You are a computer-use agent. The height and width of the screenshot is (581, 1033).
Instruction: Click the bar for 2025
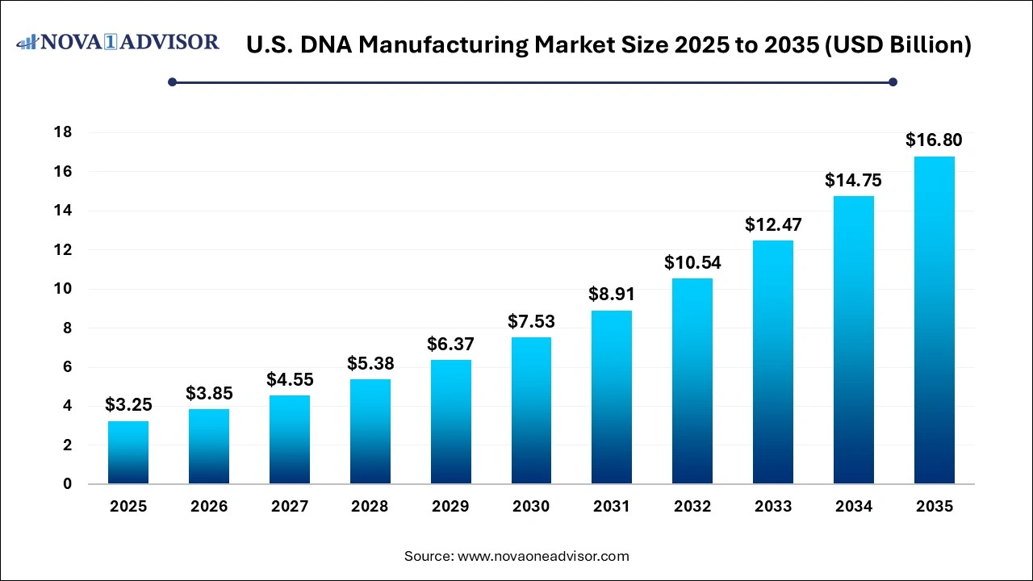(128, 453)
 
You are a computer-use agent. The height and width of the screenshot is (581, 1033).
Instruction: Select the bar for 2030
(531, 411)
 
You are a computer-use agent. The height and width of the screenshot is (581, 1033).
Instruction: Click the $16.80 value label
(934, 140)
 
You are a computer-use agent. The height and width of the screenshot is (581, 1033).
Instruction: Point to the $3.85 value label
(209, 393)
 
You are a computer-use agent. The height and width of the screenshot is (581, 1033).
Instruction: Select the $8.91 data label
(612, 295)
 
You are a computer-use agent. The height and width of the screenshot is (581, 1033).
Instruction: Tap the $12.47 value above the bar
(772, 224)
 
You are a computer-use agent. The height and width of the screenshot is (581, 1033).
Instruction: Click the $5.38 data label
(370, 363)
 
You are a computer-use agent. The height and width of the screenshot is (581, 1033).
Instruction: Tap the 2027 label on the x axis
(290, 507)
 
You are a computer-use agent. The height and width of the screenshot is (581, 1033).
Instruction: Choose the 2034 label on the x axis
(853, 507)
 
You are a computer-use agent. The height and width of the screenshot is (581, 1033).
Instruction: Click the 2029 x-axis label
(450, 507)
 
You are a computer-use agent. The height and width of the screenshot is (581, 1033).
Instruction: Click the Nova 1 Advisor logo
(118, 42)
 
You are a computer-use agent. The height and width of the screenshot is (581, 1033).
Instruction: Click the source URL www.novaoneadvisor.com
(543, 556)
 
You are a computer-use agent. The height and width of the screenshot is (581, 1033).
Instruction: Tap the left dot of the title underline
(172, 82)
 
